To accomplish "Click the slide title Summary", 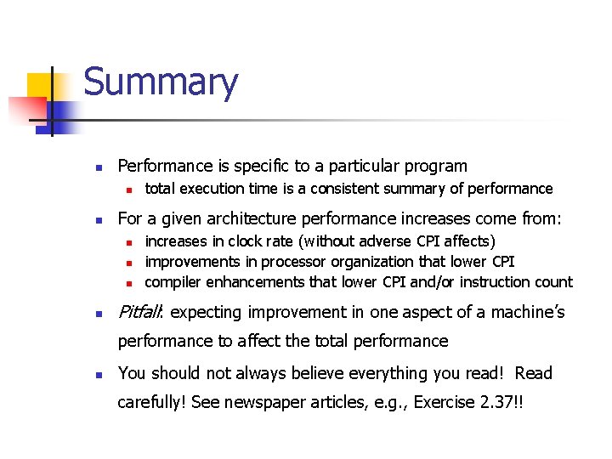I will (161, 83).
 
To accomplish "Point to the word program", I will (436, 167).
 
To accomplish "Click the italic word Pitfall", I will (141, 312).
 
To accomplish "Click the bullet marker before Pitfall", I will (99, 314).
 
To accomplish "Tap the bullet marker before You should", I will (99, 375).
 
